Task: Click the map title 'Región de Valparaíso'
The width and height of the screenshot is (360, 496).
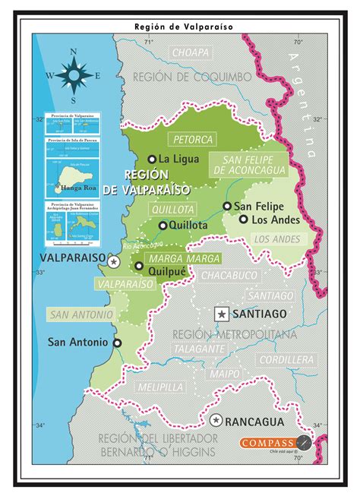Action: coord(179,25)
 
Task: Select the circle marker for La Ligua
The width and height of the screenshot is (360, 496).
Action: coord(151,159)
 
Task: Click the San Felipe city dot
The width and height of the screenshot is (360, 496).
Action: coord(226,206)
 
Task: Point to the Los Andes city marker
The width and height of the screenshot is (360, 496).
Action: coord(243,220)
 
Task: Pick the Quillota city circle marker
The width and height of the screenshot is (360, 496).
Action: coord(163,225)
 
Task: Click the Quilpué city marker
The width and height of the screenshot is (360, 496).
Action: coord(138,265)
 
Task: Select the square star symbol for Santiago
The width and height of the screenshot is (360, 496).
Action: coord(221,313)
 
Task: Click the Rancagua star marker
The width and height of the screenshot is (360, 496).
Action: coord(216,420)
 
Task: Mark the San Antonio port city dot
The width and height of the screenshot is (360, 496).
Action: coord(117,343)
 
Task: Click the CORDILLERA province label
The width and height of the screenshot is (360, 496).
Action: coord(285,359)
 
